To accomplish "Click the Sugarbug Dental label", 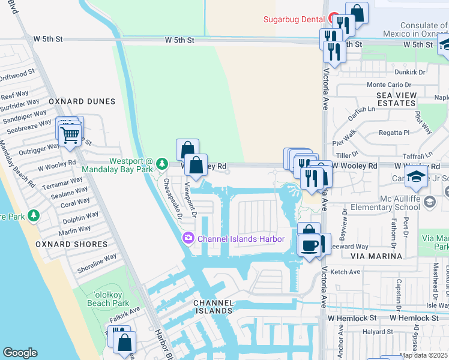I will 294,19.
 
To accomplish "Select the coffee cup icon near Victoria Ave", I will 310,246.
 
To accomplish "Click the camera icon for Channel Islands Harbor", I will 188,239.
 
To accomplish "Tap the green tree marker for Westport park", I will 161,164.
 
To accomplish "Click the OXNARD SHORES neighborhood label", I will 71,244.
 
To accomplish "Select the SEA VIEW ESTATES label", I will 396,99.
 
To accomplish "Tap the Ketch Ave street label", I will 346,272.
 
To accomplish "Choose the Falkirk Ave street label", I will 124,310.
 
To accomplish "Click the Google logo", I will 20,353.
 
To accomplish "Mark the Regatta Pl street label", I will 393,133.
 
